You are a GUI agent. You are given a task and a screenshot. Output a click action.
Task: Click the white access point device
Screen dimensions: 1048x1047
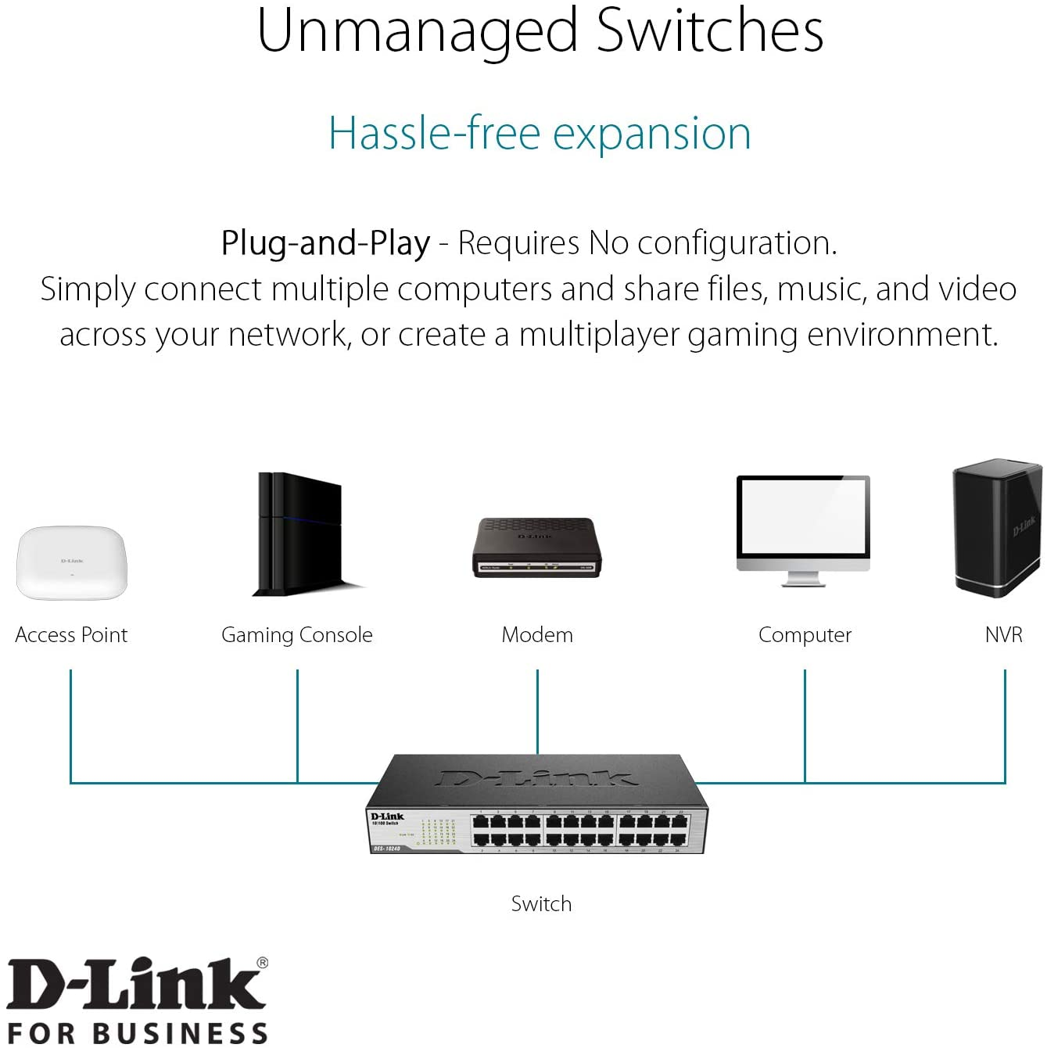click(71, 562)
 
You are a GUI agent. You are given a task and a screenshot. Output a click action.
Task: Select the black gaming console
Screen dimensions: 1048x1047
click(301, 533)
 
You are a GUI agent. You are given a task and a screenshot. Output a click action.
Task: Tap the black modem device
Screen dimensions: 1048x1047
click(536, 547)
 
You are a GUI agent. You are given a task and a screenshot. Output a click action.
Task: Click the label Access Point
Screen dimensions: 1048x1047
click(71, 635)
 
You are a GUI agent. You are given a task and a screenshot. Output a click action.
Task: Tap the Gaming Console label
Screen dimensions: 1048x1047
click(297, 635)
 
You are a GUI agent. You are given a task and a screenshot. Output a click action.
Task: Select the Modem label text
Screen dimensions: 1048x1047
click(537, 635)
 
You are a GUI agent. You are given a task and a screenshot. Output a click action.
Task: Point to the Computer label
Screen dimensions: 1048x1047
click(805, 635)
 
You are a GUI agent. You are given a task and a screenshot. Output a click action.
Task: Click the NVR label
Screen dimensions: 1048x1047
click(1004, 635)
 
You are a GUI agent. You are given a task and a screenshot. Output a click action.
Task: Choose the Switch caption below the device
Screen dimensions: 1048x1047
click(541, 904)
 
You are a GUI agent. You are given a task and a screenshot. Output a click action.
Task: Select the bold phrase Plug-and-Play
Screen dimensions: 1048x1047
click(325, 243)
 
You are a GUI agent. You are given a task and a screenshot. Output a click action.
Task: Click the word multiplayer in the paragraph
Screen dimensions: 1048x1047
click(599, 335)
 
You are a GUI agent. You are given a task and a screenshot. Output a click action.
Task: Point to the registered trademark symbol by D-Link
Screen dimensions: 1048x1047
click(262, 963)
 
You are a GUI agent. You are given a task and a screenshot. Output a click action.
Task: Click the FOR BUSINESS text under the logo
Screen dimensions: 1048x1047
click(138, 1032)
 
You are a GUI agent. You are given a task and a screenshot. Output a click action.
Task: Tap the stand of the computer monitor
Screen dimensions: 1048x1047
click(803, 579)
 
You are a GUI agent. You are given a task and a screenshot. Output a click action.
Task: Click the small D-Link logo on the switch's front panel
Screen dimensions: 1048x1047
click(387, 817)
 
